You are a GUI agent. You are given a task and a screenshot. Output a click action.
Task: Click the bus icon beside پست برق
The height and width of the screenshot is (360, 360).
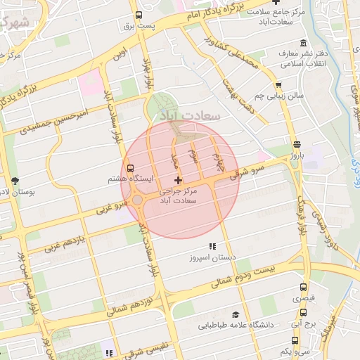[x=139, y=15]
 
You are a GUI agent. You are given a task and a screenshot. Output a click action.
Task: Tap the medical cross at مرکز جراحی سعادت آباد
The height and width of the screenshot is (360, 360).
[x=177, y=181]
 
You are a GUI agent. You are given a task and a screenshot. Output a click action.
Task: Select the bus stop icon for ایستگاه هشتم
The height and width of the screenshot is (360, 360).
[x=130, y=168]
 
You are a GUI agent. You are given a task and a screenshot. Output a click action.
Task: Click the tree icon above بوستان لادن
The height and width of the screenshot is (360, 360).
[x=15, y=181]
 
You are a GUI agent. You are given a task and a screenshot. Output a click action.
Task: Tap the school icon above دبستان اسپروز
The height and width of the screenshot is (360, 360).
[x=212, y=247]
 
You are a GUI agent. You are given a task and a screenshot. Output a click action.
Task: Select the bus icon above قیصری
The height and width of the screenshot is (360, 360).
[x=304, y=287]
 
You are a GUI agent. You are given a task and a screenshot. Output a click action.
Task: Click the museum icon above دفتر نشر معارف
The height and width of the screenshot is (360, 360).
[x=302, y=43]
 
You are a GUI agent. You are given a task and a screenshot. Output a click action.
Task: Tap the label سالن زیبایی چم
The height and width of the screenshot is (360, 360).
[x=278, y=94]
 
